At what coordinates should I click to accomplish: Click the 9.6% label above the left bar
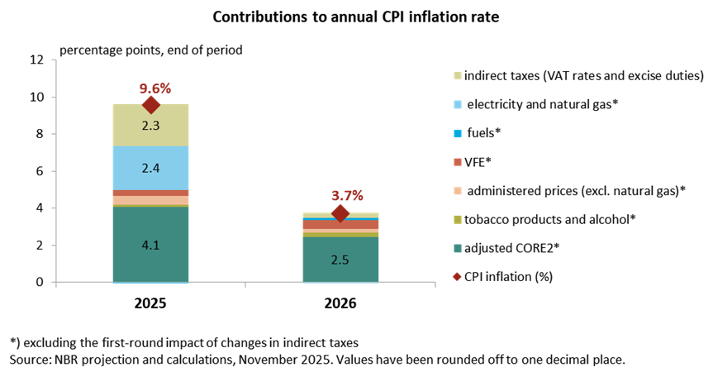pyautogui.click(x=154, y=88)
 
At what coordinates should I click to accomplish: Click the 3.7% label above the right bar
pyautogui.click(x=347, y=196)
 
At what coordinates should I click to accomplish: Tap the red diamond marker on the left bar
pyautogui.click(x=150, y=104)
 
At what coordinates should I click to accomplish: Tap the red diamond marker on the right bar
pyautogui.click(x=340, y=212)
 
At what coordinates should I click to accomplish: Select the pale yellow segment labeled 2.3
pyautogui.click(x=150, y=126)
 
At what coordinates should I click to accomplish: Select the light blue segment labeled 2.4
pyautogui.click(x=150, y=168)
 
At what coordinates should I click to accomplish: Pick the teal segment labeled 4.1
pyautogui.click(x=150, y=245)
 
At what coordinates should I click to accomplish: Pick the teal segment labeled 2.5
pyautogui.click(x=340, y=260)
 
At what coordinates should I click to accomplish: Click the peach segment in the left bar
pyautogui.click(x=150, y=200)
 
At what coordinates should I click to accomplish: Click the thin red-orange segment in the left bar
pyautogui.click(x=150, y=193)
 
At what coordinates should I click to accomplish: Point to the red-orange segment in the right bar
pyautogui.click(x=340, y=225)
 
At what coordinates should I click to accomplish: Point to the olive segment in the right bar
pyautogui.click(x=340, y=235)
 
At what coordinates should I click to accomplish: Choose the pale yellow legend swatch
pyautogui.click(x=458, y=75)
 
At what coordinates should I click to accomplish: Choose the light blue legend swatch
pyautogui.click(x=458, y=105)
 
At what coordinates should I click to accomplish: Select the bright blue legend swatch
pyautogui.click(x=458, y=133)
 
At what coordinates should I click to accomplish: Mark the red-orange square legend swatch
pyautogui.click(x=458, y=162)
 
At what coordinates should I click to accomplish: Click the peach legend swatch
pyautogui.click(x=458, y=191)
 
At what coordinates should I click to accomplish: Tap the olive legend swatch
pyautogui.click(x=458, y=220)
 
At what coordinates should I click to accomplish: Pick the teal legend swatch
pyautogui.click(x=458, y=248)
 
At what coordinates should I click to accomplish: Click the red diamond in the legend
pyautogui.click(x=457, y=277)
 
